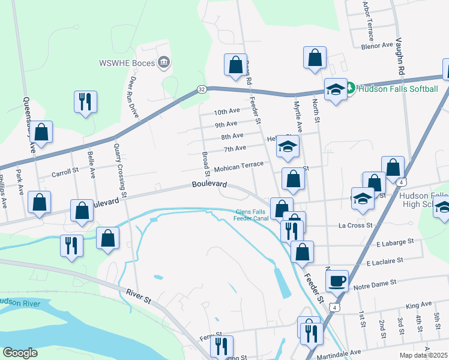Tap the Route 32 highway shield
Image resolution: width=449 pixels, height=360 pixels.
pyautogui.click(x=202, y=89)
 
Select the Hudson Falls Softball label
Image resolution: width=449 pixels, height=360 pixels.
pyautogui.click(x=397, y=89)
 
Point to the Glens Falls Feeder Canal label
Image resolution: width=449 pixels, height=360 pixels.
pyautogui.click(x=252, y=215)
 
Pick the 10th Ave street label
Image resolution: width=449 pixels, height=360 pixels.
pyautogui.click(x=227, y=112)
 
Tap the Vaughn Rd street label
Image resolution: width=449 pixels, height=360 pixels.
pyautogui.click(x=400, y=58)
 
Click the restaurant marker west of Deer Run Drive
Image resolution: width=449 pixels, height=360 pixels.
pyautogui.click(x=85, y=101)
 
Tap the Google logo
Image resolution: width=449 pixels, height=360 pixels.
pyautogui.click(x=20, y=352)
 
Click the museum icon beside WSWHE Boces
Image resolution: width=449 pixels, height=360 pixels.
pyautogui.click(x=163, y=62)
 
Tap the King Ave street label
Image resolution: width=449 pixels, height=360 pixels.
pyautogui.click(x=419, y=305)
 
